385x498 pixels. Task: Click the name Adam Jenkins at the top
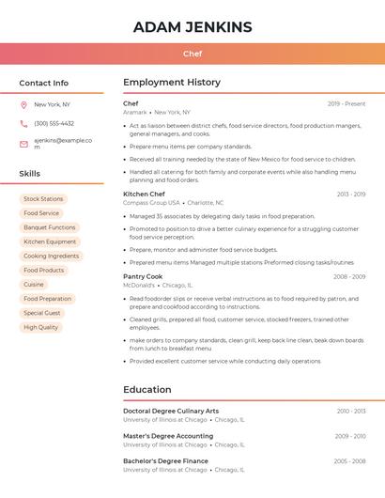click(x=192, y=26)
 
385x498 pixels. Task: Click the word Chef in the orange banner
click(x=192, y=54)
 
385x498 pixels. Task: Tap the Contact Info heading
click(x=44, y=83)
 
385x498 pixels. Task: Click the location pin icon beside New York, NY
click(x=23, y=104)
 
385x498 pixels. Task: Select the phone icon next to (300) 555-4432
click(x=23, y=123)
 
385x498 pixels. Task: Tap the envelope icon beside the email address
click(x=23, y=144)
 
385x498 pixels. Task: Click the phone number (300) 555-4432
click(x=54, y=123)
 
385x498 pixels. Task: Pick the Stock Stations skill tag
click(x=43, y=199)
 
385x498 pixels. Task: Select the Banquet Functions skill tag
click(x=50, y=227)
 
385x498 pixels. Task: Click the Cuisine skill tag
click(x=34, y=284)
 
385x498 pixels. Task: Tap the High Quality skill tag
click(x=41, y=327)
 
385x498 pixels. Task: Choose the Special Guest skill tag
click(x=42, y=313)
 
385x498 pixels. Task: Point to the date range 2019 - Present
click(x=346, y=103)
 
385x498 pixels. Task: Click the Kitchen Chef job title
click(x=144, y=194)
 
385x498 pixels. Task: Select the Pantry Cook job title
click(x=142, y=276)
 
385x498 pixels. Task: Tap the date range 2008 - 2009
click(x=349, y=276)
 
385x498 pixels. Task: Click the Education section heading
click(x=147, y=389)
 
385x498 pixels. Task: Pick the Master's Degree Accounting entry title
click(x=168, y=436)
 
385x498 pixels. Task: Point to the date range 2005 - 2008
click(x=349, y=461)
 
